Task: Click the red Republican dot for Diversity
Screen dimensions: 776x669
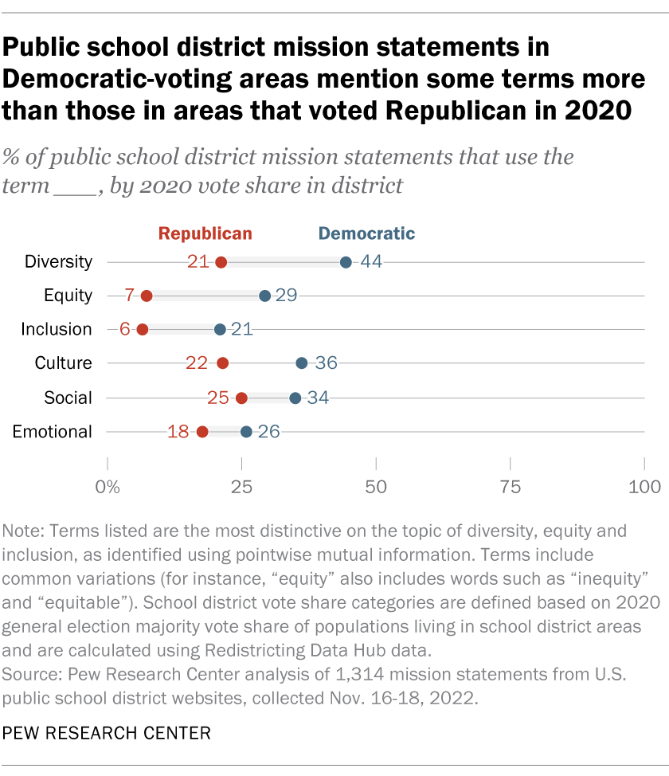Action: click(x=221, y=262)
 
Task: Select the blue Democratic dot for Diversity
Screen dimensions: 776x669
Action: click(x=346, y=262)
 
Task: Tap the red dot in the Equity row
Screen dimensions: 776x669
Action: click(x=146, y=296)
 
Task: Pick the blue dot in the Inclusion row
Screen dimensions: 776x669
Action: click(x=220, y=329)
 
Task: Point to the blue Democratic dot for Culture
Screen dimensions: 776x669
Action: click(x=301, y=363)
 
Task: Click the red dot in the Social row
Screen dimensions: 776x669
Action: click(x=241, y=398)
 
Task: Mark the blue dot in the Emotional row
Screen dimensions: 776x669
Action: click(x=246, y=432)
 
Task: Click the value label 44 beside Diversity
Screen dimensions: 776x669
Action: click(x=371, y=262)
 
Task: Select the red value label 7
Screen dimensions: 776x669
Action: click(x=130, y=296)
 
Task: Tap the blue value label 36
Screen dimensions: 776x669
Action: click(x=326, y=363)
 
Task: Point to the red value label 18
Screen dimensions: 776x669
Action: click(x=178, y=432)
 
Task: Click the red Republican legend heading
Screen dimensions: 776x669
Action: click(x=205, y=233)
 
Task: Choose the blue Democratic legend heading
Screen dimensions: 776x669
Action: click(x=366, y=233)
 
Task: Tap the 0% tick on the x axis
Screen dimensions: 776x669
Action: click(x=107, y=486)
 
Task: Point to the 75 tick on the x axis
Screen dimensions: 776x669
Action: click(x=510, y=486)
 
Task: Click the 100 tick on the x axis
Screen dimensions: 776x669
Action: click(x=644, y=486)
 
